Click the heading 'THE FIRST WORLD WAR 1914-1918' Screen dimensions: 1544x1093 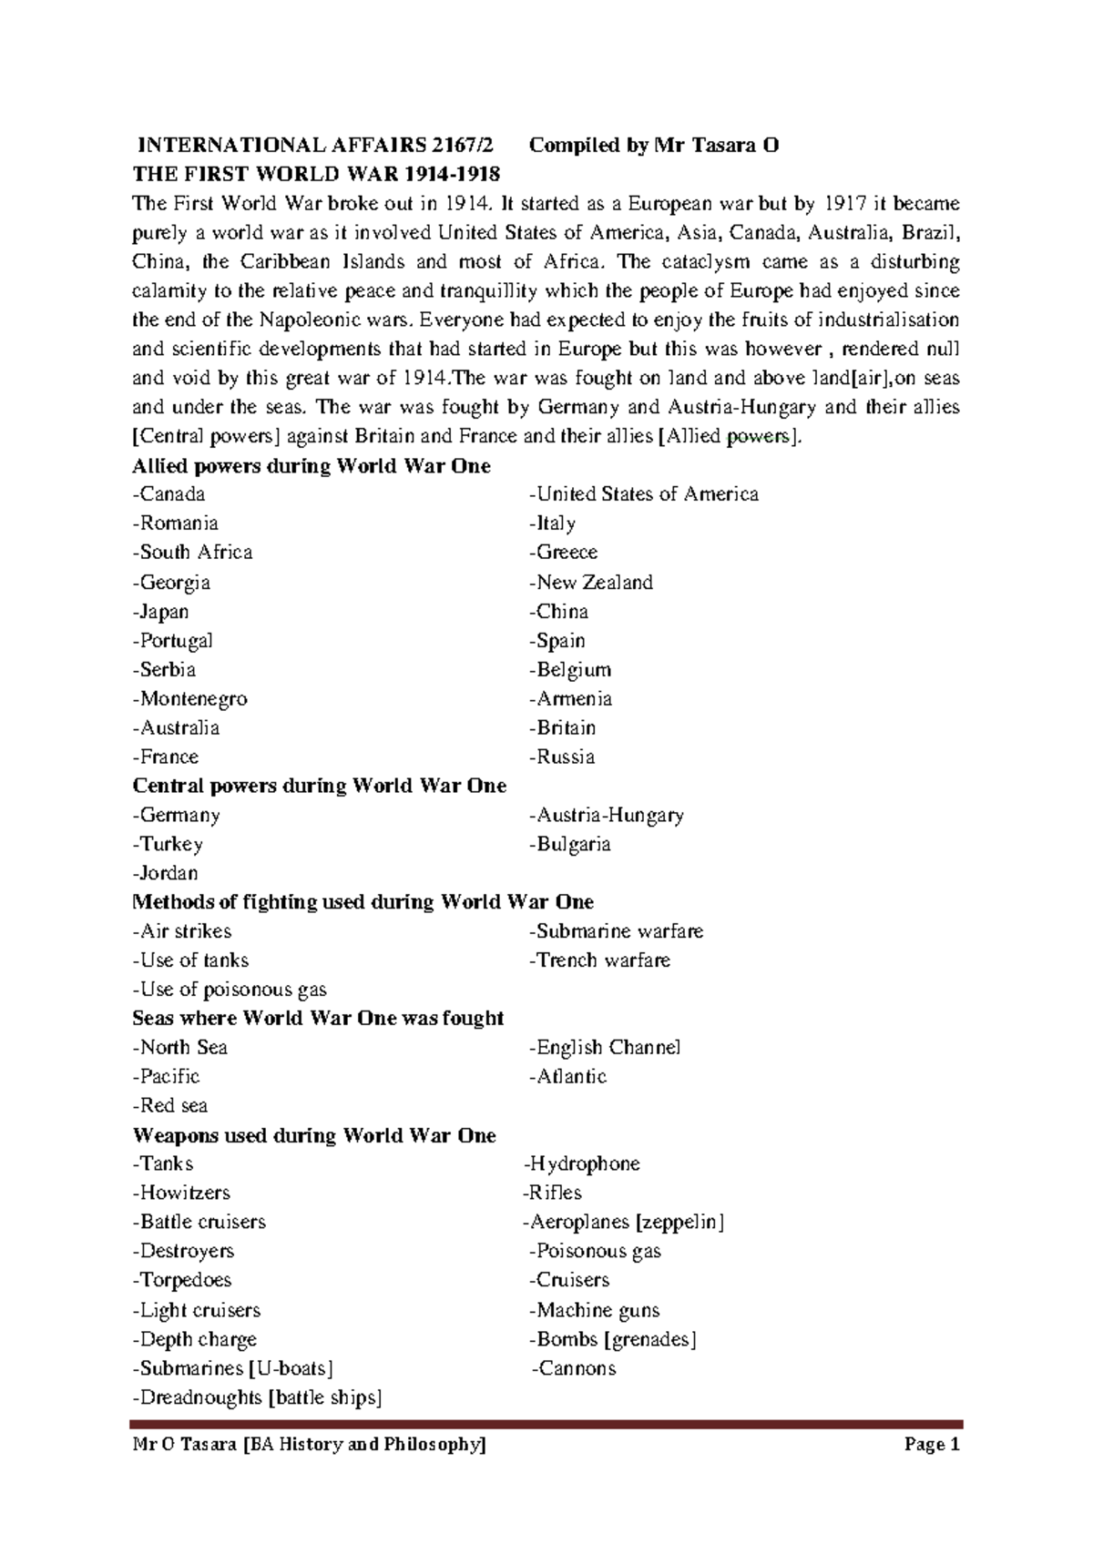(316, 174)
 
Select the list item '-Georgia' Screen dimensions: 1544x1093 (171, 583)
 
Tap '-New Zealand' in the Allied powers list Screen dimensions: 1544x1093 (590, 583)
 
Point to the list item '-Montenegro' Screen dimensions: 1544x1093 (189, 699)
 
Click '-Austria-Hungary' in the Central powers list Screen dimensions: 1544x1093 (606, 816)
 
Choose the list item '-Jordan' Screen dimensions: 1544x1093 (165, 874)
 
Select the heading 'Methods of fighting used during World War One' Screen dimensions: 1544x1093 (363, 902)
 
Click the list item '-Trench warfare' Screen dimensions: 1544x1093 (599, 960)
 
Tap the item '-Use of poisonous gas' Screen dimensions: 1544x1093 (230, 990)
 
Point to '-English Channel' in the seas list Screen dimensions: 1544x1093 (604, 1048)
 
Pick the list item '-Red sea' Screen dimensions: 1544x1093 (169, 1106)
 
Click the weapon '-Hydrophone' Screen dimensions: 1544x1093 (581, 1164)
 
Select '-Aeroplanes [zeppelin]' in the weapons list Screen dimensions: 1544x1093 (623, 1223)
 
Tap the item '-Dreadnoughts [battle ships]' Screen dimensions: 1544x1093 (257, 1398)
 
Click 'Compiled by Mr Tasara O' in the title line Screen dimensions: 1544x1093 (654, 146)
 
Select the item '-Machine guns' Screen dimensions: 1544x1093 (594, 1311)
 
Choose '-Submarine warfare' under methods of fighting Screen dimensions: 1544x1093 (616, 931)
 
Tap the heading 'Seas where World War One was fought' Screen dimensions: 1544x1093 (318, 1019)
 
